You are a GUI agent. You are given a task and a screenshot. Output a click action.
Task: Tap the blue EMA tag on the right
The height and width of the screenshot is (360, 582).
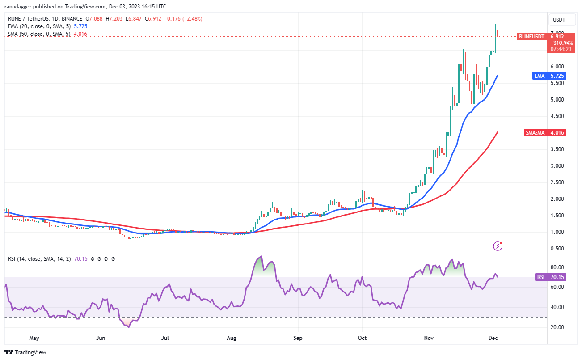pyautogui.click(x=539, y=76)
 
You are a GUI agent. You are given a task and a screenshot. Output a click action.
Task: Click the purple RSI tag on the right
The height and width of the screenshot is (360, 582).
pyautogui.click(x=540, y=277)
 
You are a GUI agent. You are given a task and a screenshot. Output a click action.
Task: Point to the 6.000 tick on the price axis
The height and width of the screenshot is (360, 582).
pyautogui.click(x=557, y=67)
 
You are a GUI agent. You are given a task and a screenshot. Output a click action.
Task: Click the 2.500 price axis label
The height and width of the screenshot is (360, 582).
pyautogui.click(x=557, y=182)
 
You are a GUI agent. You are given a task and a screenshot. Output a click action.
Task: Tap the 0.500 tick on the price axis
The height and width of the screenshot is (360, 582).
pyautogui.click(x=557, y=249)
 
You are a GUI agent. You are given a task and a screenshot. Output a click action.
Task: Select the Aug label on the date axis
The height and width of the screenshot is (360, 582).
pyautogui.click(x=231, y=338)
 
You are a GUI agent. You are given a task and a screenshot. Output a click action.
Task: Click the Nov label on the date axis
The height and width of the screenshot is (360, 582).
pyautogui.click(x=429, y=338)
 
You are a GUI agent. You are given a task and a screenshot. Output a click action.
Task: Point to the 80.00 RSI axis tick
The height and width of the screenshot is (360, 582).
pyautogui.click(x=557, y=267)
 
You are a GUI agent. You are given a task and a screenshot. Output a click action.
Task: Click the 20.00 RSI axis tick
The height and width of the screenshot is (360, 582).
pyautogui.click(x=557, y=327)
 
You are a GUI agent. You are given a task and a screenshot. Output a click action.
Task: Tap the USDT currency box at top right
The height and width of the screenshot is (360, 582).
pyautogui.click(x=559, y=20)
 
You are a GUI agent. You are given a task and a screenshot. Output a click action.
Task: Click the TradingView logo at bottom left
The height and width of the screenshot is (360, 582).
pyautogui.click(x=25, y=352)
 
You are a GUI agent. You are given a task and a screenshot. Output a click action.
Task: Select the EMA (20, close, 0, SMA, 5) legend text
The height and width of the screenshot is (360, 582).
pyautogui.click(x=38, y=26)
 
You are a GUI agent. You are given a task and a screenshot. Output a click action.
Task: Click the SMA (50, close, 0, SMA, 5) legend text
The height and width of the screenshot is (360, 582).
pyautogui.click(x=38, y=34)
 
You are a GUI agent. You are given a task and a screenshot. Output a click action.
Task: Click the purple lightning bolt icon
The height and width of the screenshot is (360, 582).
pyautogui.click(x=498, y=246)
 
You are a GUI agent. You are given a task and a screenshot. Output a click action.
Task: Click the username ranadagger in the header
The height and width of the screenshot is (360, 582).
pyautogui.click(x=21, y=7)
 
